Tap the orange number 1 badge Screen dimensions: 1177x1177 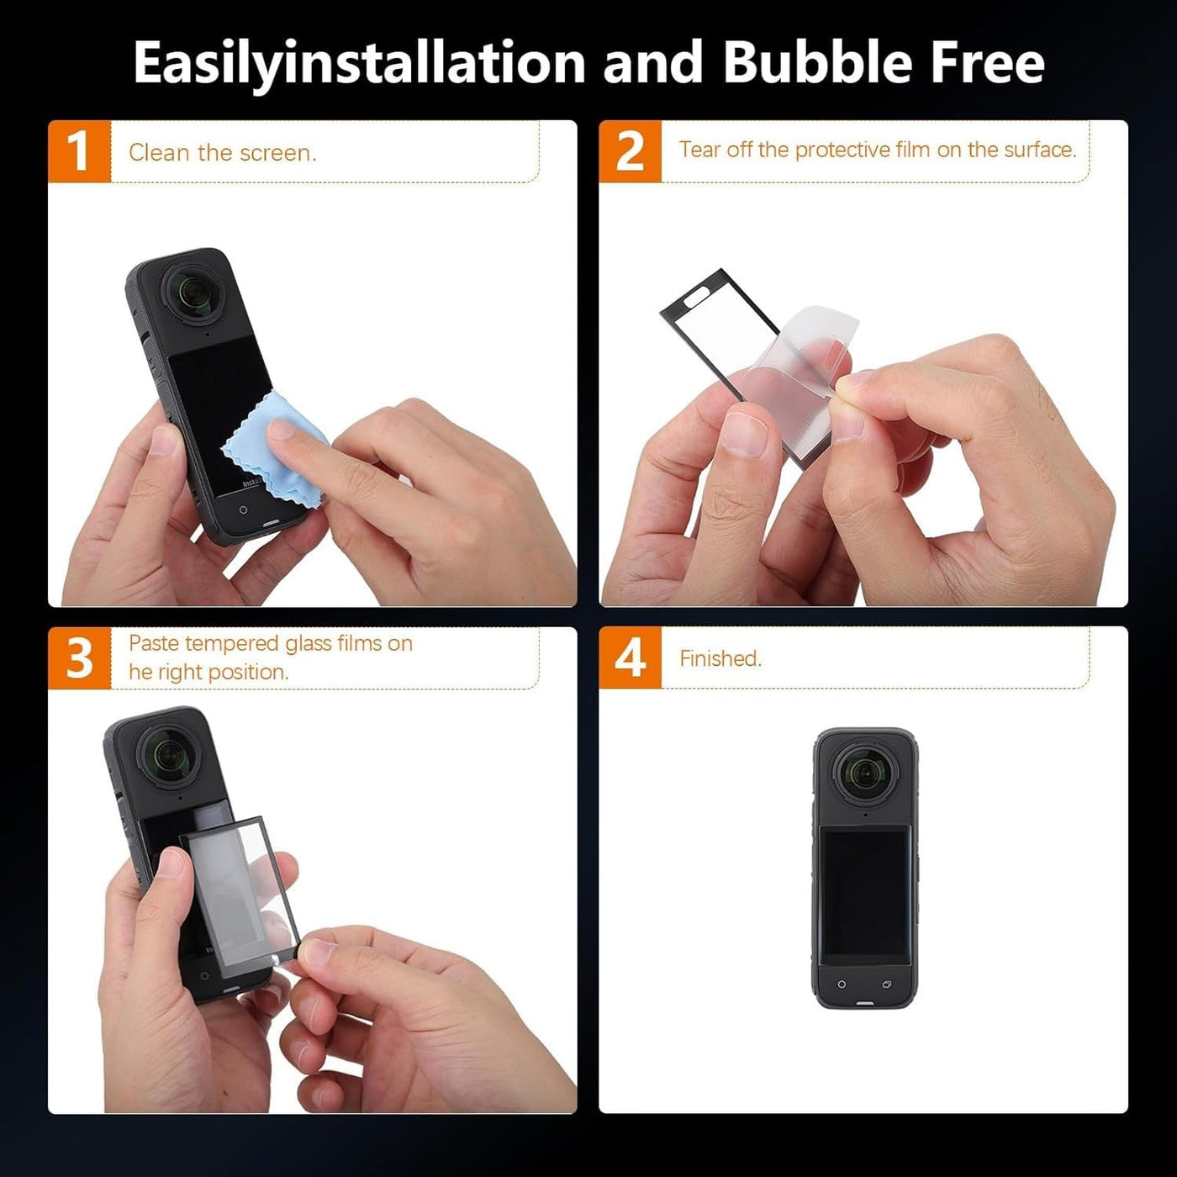click(79, 151)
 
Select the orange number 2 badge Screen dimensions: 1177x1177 click(630, 150)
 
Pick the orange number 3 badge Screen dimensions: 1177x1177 click(79, 657)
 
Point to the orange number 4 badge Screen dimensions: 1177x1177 click(630, 657)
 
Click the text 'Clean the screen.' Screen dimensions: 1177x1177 click(222, 153)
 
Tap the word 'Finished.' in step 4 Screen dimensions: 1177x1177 click(720, 658)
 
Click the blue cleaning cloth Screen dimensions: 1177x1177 click(275, 450)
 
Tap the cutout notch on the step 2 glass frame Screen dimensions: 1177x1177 click(696, 297)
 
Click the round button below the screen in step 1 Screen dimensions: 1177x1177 click(243, 509)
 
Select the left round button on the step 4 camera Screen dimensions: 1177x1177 click(841, 984)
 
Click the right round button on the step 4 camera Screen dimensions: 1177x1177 click(886, 984)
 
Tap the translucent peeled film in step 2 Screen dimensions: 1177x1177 click(794, 361)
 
